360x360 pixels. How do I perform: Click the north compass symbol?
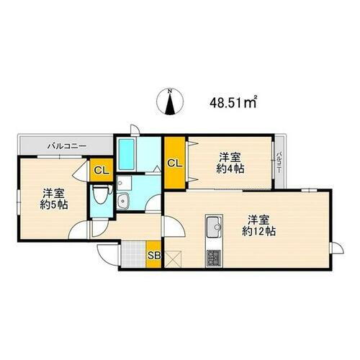tap(170, 102)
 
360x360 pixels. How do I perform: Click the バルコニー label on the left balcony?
tap(67, 146)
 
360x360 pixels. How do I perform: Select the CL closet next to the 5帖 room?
tap(102, 171)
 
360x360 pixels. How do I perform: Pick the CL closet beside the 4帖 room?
tap(175, 163)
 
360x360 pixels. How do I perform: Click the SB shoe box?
tap(153, 255)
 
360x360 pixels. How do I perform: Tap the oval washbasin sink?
tap(123, 202)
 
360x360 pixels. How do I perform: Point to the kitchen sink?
tap(214, 228)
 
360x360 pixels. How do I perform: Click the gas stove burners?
tap(214, 256)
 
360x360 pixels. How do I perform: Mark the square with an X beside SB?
tap(173, 258)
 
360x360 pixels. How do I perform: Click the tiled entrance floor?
tap(133, 255)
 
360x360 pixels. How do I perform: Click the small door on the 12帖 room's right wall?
tap(333, 248)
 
